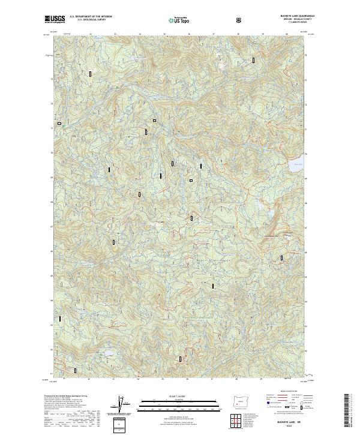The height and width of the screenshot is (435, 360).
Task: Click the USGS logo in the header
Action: (55, 19)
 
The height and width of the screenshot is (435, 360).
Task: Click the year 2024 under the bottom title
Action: (291, 428)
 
